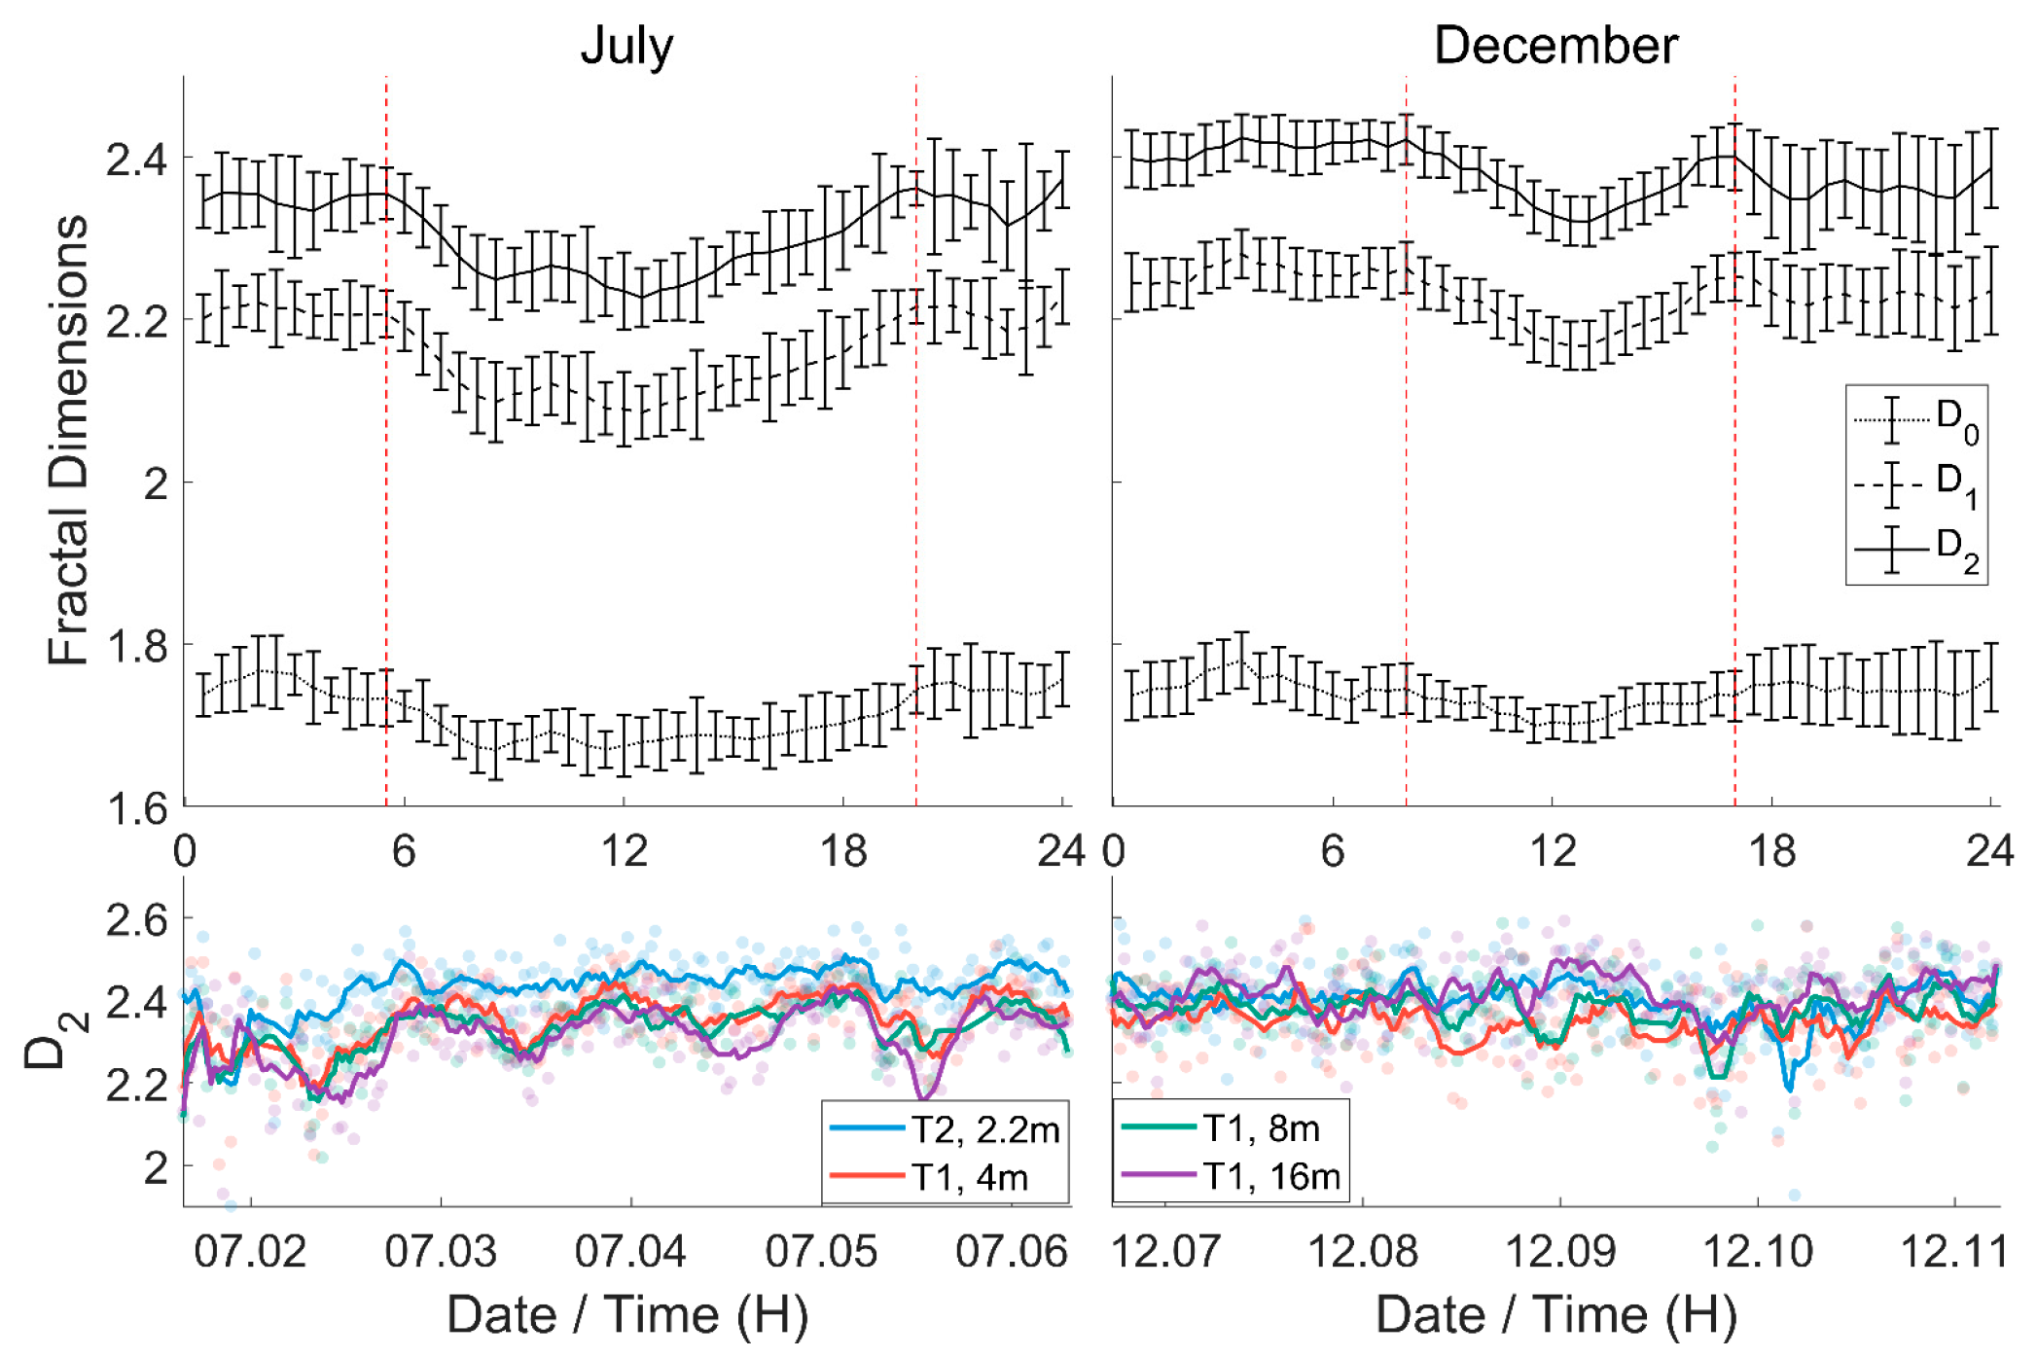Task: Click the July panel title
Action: (x=626, y=45)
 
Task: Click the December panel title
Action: (x=1555, y=45)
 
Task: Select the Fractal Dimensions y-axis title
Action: (x=68, y=440)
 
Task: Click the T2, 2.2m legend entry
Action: (x=946, y=1129)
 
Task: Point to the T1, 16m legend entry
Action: (x=1232, y=1176)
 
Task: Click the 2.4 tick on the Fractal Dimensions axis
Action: (x=136, y=160)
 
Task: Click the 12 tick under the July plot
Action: (x=624, y=852)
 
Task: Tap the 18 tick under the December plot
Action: (x=1771, y=852)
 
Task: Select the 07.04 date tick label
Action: (x=630, y=1251)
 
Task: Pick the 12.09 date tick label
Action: (x=1560, y=1251)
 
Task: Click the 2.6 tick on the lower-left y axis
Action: (x=136, y=919)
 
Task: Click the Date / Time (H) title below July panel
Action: (x=627, y=1315)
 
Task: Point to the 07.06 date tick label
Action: (x=1012, y=1251)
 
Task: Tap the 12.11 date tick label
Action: (x=1954, y=1251)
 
